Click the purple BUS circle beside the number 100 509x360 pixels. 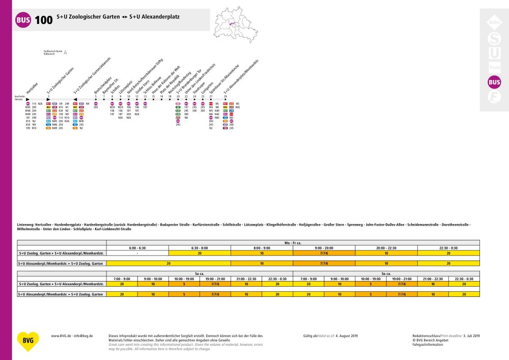pyautogui.click(x=23, y=20)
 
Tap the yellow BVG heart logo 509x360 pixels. pyautogui.click(x=27, y=342)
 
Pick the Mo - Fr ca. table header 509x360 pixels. pyautogui.click(x=292, y=242)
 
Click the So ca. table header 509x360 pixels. pyautogui.click(x=386, y=273)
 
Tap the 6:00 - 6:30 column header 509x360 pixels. pyautogui.click(x=137, y=247)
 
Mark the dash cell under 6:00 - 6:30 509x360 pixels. pyautogui.click(x=137, y=253)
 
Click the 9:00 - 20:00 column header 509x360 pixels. pyautogui.click(x=324, y=247)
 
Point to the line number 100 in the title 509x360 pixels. pyautogui.click(x=44, y=20)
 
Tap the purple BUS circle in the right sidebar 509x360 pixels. pyautogui.click(x=494, y=81)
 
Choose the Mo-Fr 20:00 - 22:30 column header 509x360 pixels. pyautogui.click(x=386, y=247)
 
